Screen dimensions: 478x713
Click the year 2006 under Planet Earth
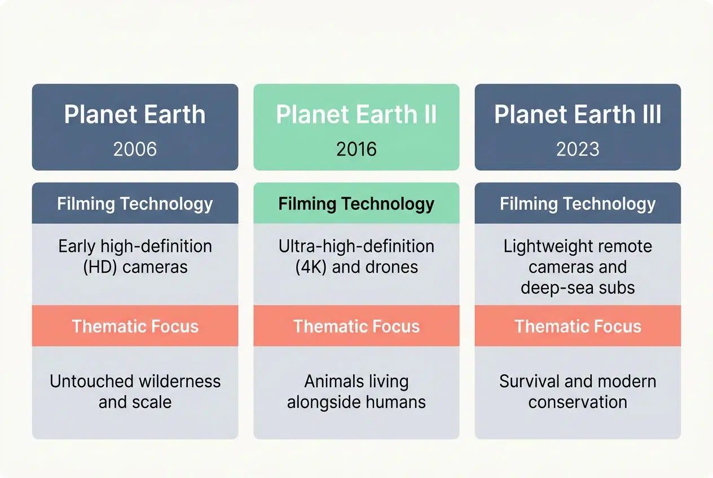[x=135, y=149]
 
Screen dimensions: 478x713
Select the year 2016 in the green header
[x=356, y=149]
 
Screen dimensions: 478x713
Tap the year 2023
[x=578, y=149]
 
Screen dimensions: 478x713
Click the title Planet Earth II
[x=356, y=114]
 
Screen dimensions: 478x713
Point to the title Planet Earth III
[x=578, y=114]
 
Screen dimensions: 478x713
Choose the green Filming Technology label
[x=356, y=203]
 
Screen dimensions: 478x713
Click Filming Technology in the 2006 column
[x=135, y=203]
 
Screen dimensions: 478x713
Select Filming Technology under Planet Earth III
[x=578, y=203]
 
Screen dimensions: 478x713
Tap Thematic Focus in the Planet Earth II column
[x=356, y=326]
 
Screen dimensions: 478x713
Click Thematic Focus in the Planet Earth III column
[x=578, y=326]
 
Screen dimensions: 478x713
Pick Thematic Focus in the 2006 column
[x=135, y=326]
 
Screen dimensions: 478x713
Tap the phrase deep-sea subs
[x=578, y=287]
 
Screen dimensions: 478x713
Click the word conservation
[x=578, y=402]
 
